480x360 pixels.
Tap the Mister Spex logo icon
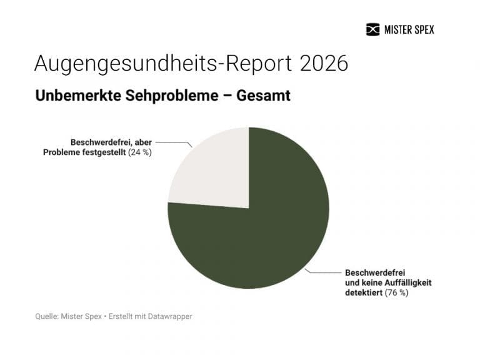click(x=372, y=29)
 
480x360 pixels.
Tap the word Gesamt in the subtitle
click(x=264, y=96)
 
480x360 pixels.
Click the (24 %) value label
click(x=140, y=152)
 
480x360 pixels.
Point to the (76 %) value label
click(x=396, y=292)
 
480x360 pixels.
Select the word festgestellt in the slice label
click(x=103, y=152)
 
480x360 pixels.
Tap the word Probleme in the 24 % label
click(x=61, y=152)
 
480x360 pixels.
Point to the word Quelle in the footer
click(x=47, y=317)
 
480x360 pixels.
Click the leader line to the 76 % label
click(x=322, y=272)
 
